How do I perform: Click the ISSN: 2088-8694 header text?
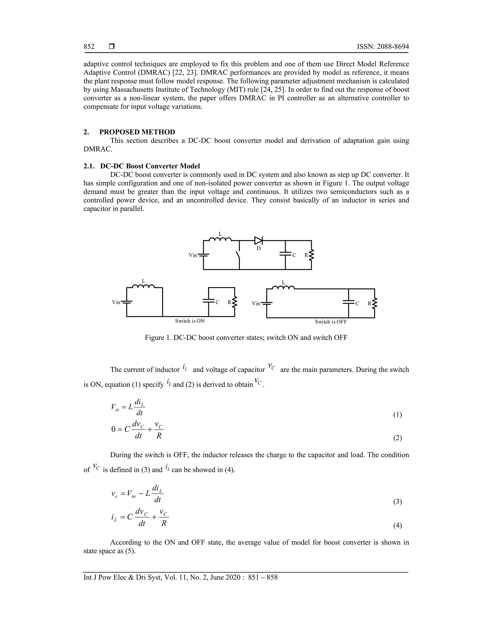[383, 47]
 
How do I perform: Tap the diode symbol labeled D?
[258, 241]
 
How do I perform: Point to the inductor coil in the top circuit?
[220, 239]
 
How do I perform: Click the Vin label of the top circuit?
[193, 255]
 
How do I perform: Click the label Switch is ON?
[190, 321]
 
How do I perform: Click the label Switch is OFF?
[331, 322]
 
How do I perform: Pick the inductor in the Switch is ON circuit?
[143, 286]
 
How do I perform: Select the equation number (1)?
[398, 415]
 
